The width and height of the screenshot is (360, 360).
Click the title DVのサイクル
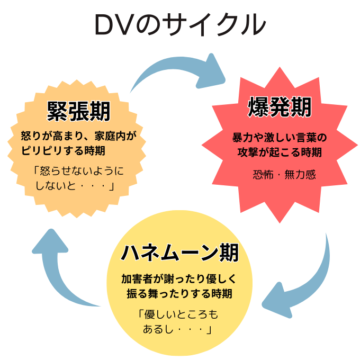pos(180,25)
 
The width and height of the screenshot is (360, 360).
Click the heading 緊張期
pos(79,111)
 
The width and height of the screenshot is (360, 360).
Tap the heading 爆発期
pos(280,107)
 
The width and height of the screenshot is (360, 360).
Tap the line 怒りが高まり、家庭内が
pos(79,136)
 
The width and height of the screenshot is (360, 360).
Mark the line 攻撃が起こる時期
pos(280,152)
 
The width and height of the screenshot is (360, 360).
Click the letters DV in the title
pos(114,25)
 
